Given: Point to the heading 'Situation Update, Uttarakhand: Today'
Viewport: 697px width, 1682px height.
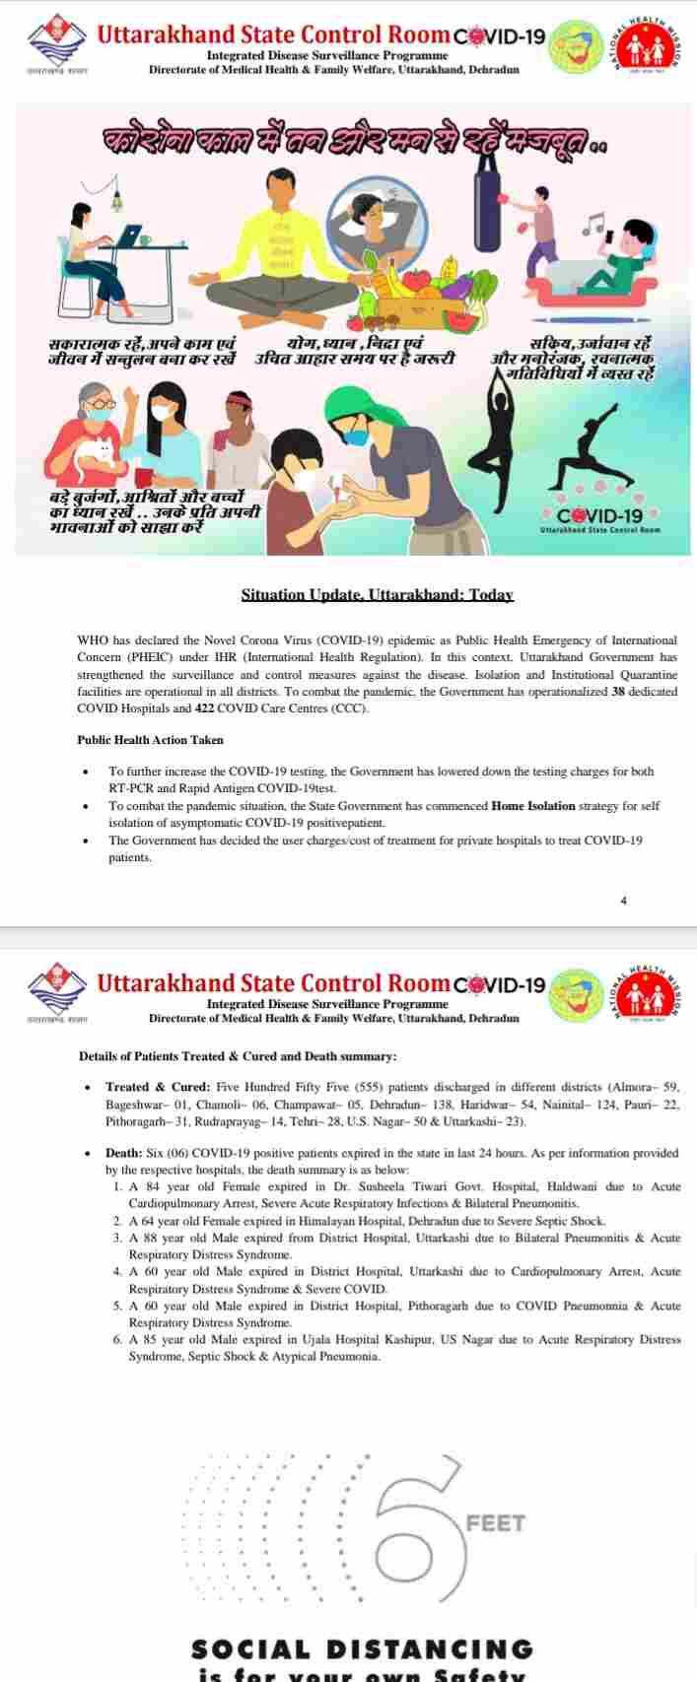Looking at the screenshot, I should pos(378,595).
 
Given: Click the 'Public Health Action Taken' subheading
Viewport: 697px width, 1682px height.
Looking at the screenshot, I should pos(150,740).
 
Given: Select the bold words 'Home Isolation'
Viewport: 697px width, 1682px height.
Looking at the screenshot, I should pos(532,806).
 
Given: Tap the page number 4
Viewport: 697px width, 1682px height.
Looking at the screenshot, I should pos(623,900).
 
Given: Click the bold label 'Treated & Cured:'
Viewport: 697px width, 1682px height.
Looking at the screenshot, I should pos(158,1087).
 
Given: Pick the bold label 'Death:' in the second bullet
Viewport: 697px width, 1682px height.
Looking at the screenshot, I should pos(124,1153).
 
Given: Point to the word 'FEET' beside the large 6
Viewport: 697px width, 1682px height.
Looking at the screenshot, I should pos(496,1523).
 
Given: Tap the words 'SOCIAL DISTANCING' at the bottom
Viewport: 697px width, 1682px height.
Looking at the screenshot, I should pos(362,1649).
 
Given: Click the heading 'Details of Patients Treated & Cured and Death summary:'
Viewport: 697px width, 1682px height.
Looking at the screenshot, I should pos(238,1055).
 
